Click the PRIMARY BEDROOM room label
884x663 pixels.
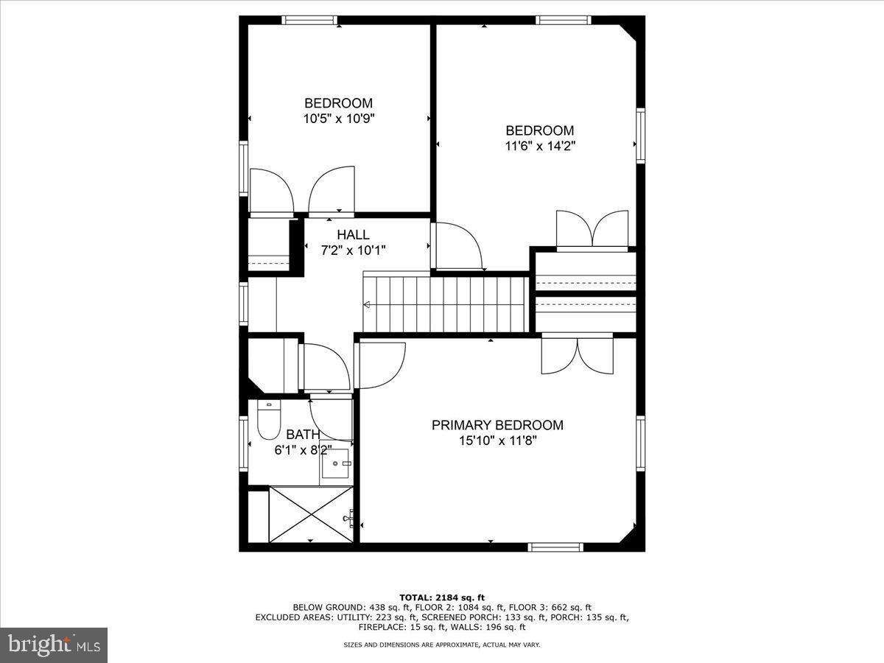[x=497, y=425]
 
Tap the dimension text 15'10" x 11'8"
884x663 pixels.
[x=497, y=441]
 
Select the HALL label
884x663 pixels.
[x=353, y=235]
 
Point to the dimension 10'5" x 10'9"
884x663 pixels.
[x=338, y=118]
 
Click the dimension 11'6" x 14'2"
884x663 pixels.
[x=540, y=146]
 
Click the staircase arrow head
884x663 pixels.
[x=366, y=304]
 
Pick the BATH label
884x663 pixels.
[x=303, y=435]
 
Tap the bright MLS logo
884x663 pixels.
[x=54, y=645]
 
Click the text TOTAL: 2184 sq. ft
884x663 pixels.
[x=442, y=597]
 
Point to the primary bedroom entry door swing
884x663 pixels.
[x=379, y=365]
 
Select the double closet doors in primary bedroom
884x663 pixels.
[x=578, y=355]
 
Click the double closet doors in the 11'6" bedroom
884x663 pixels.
[x=592, y=228]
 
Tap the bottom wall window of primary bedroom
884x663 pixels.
[x=556, y=547]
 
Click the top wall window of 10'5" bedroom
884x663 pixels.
[x=310, y=20]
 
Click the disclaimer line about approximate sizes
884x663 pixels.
[x=442, y=645]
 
